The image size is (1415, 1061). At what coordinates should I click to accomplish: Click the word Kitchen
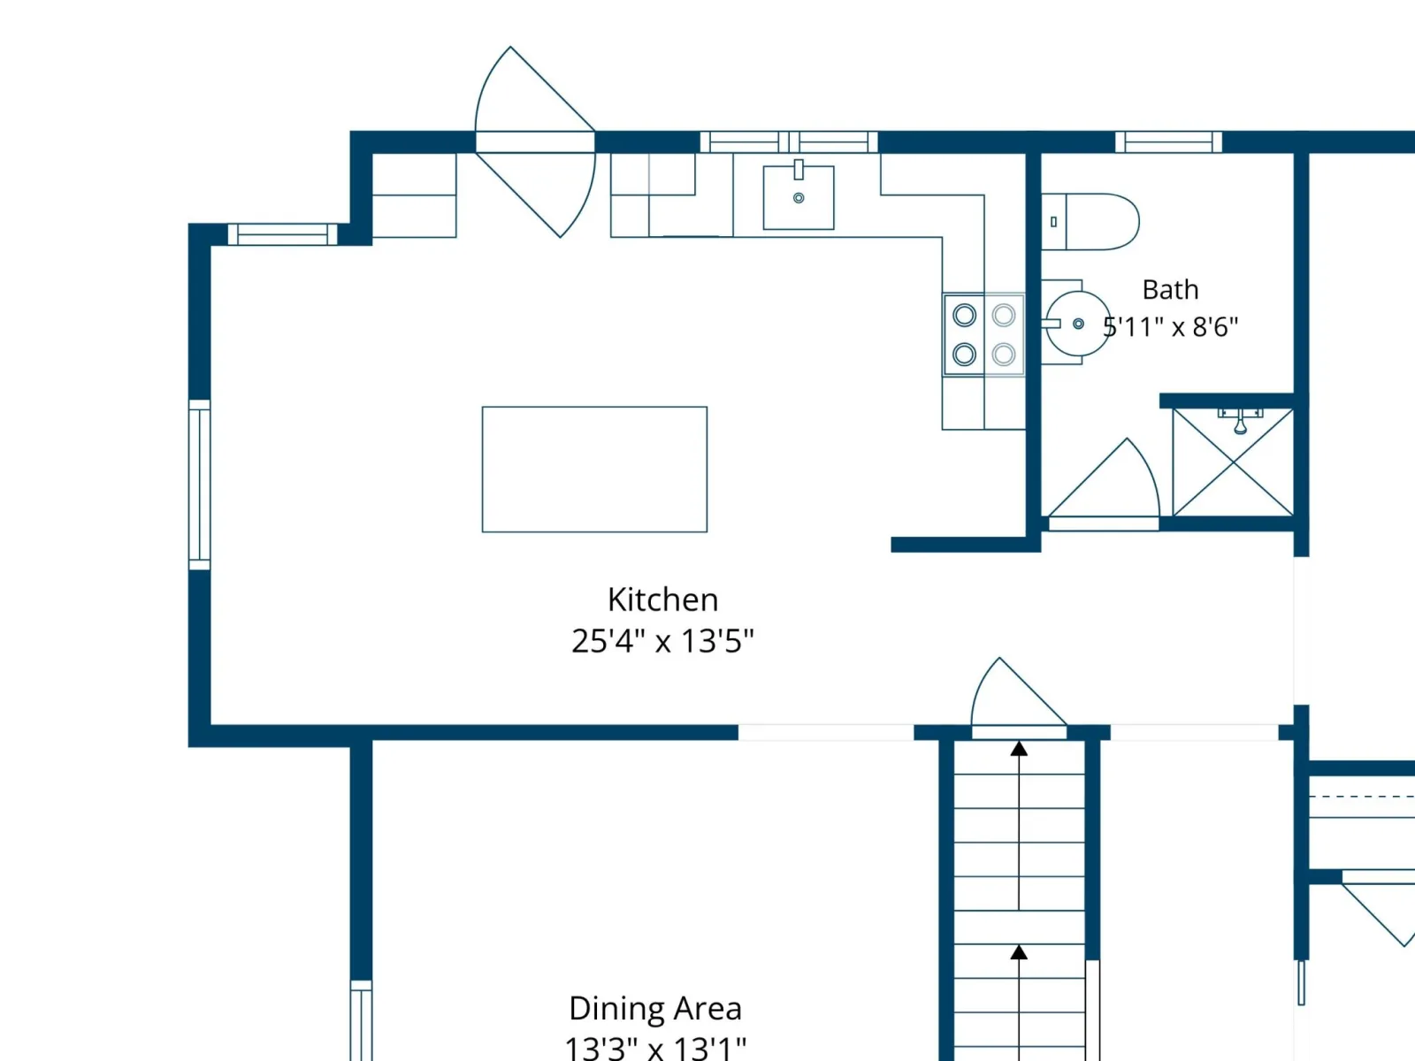pos(662,599)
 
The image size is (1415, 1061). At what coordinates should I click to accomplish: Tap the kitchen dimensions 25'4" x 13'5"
pos(662,641)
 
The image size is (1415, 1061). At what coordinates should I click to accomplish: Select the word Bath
pos(1171,290)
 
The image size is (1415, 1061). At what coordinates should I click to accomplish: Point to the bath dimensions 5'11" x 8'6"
pos(1171,327)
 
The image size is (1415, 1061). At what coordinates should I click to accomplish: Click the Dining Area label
pos(655,1009)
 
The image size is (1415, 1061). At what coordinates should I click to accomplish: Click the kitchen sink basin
pos(798,197)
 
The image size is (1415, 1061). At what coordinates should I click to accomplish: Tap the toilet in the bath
pos(1090,222)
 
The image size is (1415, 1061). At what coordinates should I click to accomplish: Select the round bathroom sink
pos(1078,324)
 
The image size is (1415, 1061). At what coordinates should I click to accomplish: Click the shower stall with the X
pos(1233,462)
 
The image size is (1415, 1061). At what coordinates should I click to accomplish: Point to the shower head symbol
pos(1240,422)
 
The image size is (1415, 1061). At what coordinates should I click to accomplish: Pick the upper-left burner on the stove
pos(964,315)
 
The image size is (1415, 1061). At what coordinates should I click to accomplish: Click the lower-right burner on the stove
pos(1004,355)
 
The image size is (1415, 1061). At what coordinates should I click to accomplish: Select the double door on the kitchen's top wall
pos(535,141)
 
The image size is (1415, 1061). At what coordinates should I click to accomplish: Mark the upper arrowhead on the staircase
pos(1019,749)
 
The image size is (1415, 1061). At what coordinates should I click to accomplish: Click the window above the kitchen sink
pos(789,141)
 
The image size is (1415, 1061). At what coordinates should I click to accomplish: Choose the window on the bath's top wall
pos(1169,141)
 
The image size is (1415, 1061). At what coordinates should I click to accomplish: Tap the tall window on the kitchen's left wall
pos(199,485)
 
